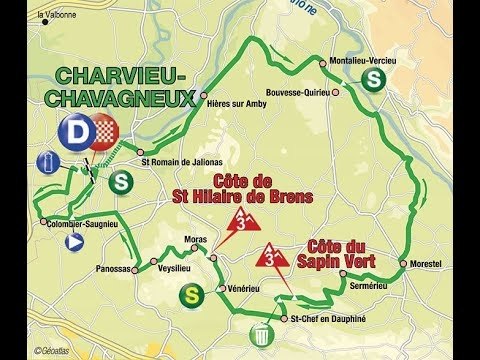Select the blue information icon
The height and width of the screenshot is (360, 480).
(x=45, y=162)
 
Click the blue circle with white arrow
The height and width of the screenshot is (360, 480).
(x=73, y=241)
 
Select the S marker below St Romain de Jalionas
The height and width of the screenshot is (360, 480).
(x=122, y=182)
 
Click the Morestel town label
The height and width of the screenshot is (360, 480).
(x=431, y=264)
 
